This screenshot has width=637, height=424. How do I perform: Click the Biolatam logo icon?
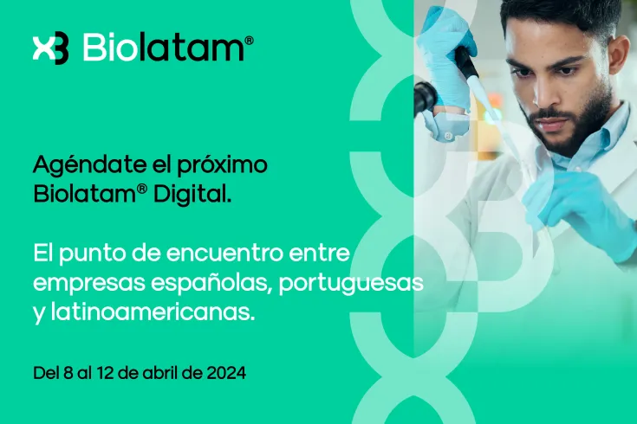49,48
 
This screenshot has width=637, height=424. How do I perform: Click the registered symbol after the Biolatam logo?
250,41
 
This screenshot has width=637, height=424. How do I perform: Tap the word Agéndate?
75,165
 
